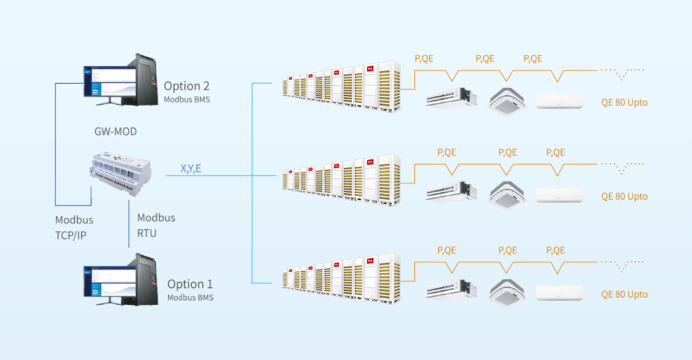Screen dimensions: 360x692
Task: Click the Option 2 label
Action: (x=186, y=86)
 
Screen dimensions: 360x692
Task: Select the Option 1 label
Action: (x=190, y=284)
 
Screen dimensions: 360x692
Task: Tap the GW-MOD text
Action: (x=115, y=132)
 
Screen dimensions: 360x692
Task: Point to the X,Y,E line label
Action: (x=191, y=168)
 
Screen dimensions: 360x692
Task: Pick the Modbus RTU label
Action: (x=156, y=224)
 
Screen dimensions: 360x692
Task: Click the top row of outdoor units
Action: (x=341, y=87)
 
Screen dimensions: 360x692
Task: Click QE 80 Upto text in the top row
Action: (x=624, y=103)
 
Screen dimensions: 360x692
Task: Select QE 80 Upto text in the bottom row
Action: (x=624, y=294)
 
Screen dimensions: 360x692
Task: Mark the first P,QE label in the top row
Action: (x=424, y=58)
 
